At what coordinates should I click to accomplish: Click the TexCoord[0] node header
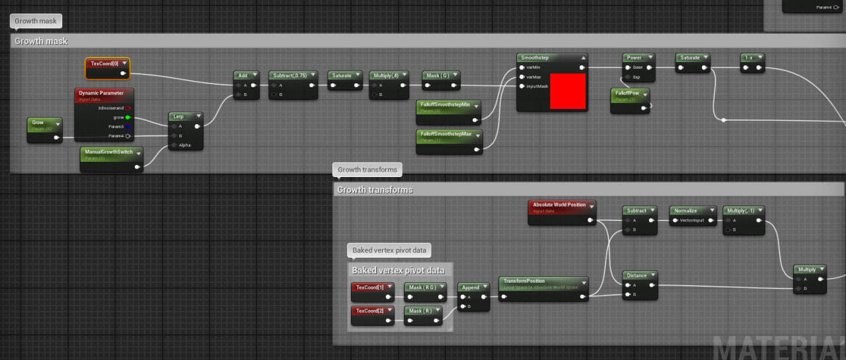point(104,63)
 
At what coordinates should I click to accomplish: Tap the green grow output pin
point(128,117)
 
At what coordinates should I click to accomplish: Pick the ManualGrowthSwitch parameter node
point(109,152)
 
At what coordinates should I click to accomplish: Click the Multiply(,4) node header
point(385,75)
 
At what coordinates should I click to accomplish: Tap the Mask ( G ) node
point(437,75)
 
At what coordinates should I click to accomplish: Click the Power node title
point(634,57)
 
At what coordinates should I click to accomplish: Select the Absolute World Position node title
point(559,205)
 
